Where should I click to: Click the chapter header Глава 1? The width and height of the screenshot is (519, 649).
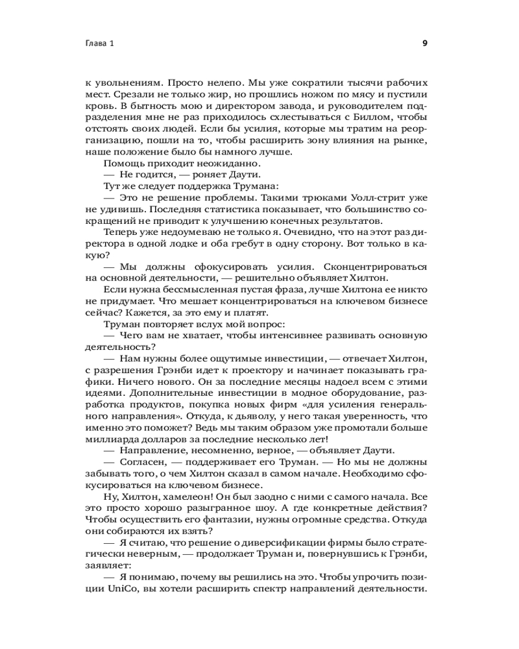click(99, 44)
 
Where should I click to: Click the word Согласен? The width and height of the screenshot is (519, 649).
click(141, 462)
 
